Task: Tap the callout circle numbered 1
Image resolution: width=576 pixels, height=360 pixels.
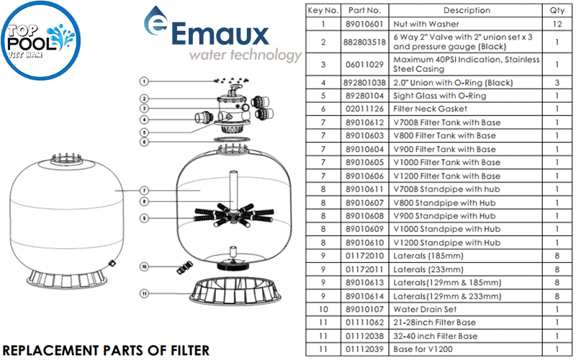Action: [144, 81]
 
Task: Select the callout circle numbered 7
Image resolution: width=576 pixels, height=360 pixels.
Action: [144, 190]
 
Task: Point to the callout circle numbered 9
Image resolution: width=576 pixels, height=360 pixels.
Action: [144, 217]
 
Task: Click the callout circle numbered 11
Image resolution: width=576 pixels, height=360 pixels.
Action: [144, 294]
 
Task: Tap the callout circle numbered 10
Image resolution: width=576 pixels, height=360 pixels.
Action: [144, 266]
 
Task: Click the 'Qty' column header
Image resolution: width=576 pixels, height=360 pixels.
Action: [557, 11]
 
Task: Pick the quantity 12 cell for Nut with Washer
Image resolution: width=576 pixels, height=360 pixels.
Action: [557, 24]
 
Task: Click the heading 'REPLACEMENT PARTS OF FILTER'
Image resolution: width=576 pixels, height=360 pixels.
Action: [106, 348]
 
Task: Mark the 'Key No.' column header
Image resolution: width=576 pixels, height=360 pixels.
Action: [323, 11]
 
